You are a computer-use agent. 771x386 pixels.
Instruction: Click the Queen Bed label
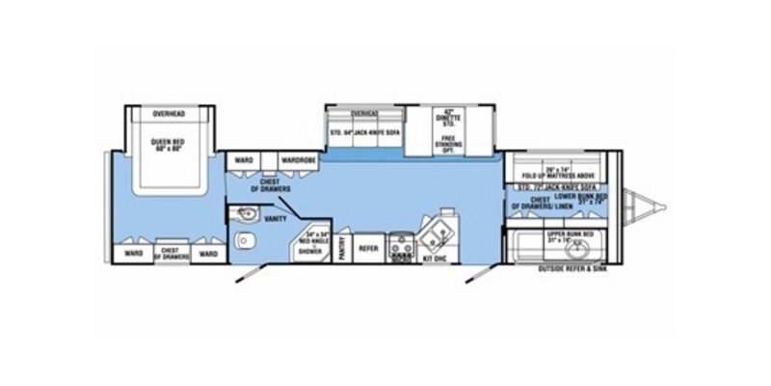point(169,146)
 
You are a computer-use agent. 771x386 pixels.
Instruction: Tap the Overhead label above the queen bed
point(169,115)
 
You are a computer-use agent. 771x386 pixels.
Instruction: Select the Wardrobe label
point(293,158)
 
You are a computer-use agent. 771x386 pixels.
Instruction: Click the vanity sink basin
point(244,214)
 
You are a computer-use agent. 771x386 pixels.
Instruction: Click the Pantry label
point(344,250)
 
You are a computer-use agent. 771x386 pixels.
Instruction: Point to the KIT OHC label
point(434,259)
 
